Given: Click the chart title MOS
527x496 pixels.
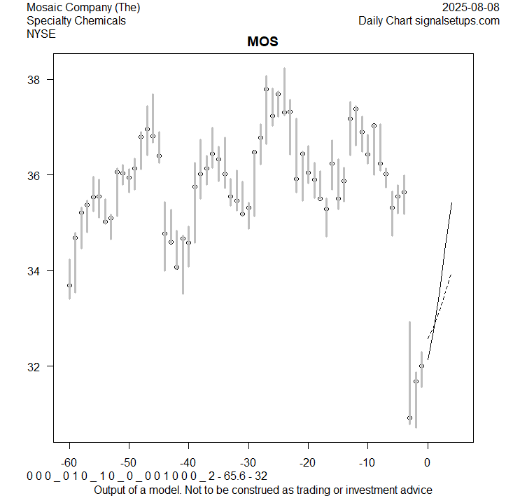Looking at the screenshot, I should (x=262, y=41).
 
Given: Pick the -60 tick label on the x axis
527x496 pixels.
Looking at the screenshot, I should (x=69, y=463).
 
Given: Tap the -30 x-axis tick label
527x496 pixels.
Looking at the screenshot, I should (x=248, y=463).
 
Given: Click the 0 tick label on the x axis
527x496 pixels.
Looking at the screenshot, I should (x=428, y=463).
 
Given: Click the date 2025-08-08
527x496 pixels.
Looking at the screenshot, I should (x=472, y=8).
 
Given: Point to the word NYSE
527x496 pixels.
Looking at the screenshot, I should (x=41, y=33).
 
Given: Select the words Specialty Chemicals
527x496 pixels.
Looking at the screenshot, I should (x=76, y=20).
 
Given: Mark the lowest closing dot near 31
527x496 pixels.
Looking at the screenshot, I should (x=409, y=418).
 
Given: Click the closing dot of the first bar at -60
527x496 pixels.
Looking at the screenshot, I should (x=69, y=285).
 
